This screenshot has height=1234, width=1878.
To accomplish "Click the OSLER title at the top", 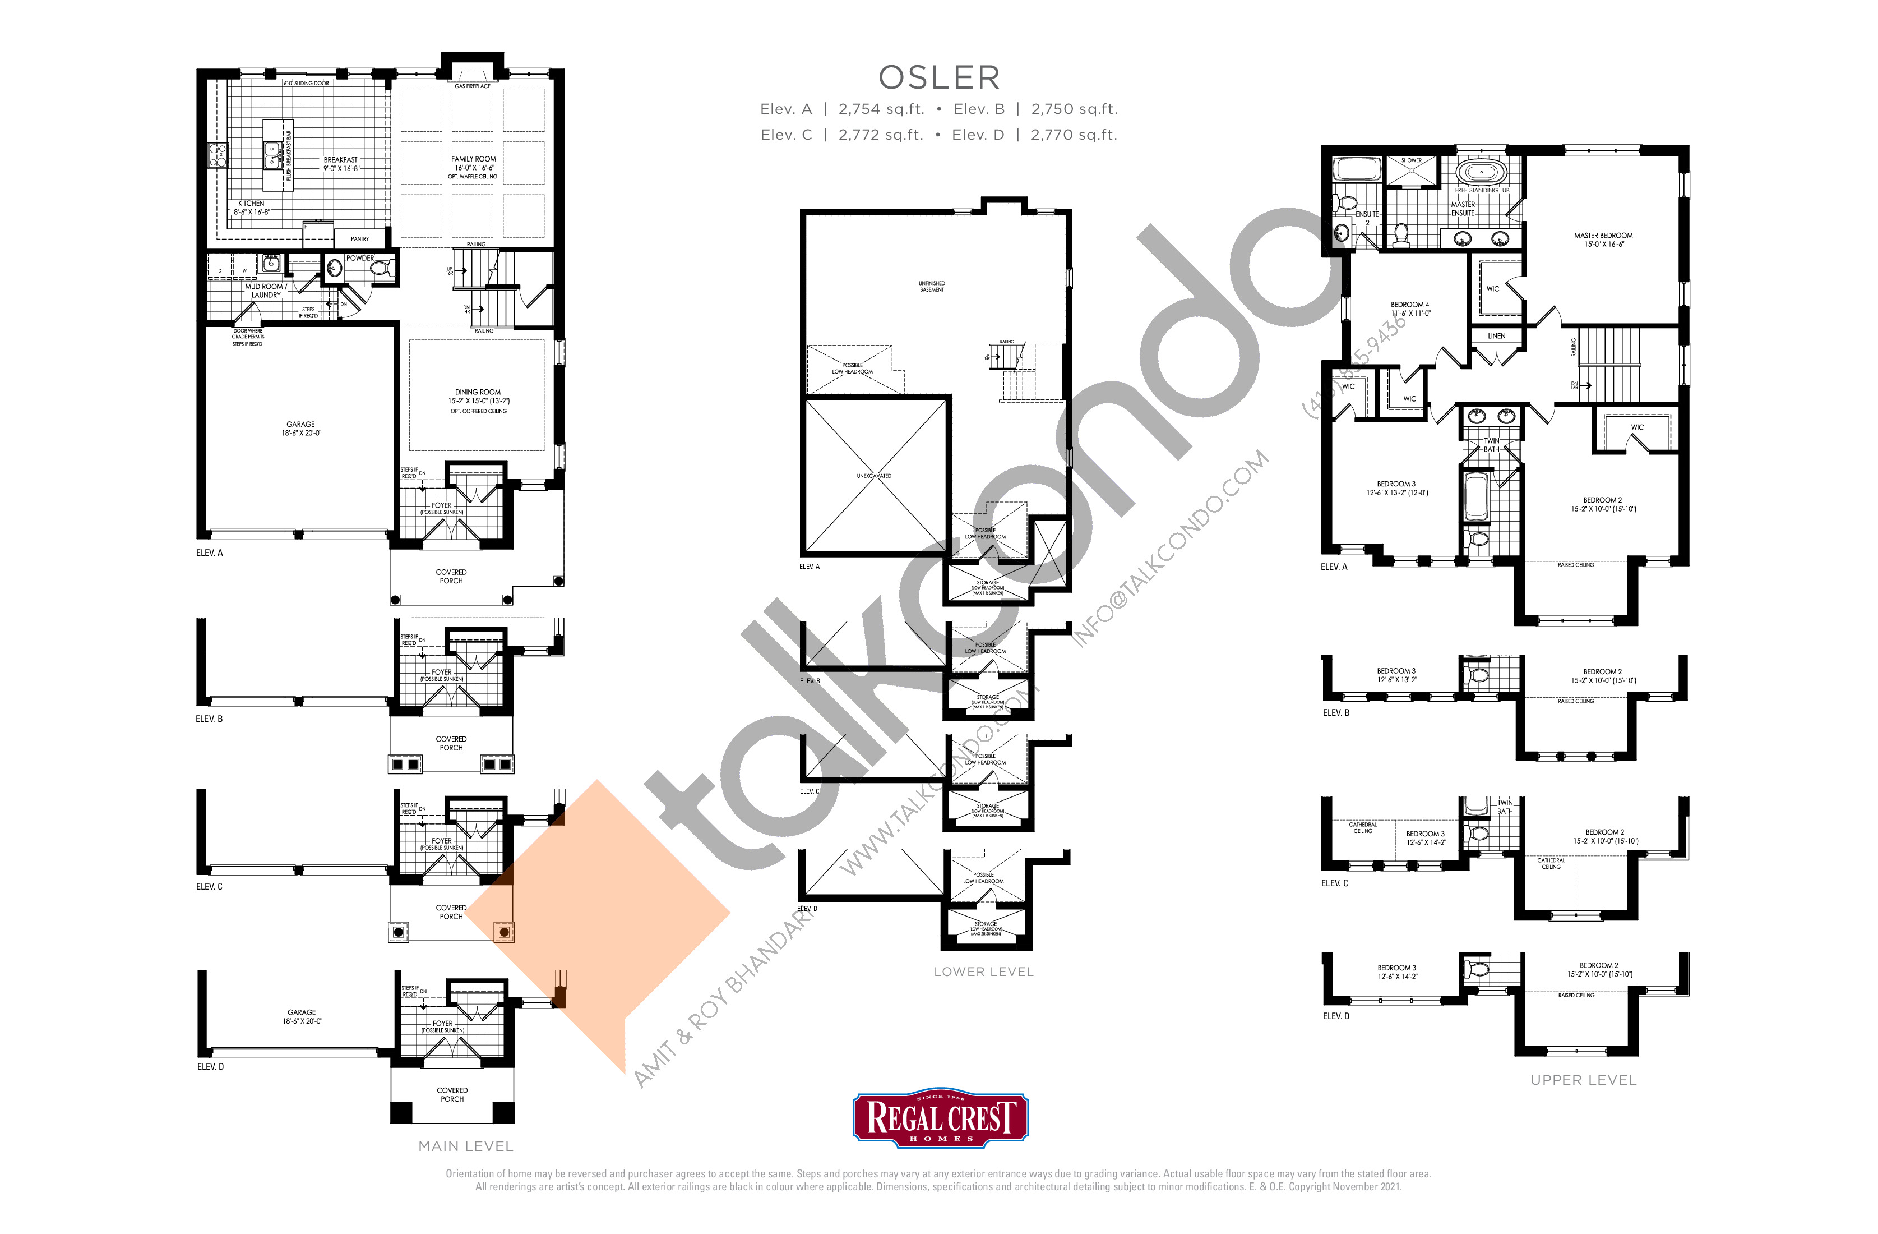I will coord(939,77).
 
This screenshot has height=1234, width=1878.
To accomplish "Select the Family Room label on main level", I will coord(474,159).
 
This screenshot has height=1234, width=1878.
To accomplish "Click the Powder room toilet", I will coord(382,269).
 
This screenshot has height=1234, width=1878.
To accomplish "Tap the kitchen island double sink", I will coord(272,155).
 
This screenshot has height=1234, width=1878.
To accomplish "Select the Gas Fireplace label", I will coord(472,86).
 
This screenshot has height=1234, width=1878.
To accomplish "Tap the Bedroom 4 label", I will coord(1409,305).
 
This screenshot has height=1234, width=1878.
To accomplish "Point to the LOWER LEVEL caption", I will coord(983,972).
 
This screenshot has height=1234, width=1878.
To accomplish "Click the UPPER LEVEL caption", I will coord(1583,1080).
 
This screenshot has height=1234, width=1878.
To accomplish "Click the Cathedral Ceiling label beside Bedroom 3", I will coord(1363,827).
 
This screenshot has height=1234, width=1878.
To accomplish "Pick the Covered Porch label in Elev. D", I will coord(452,1094).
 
